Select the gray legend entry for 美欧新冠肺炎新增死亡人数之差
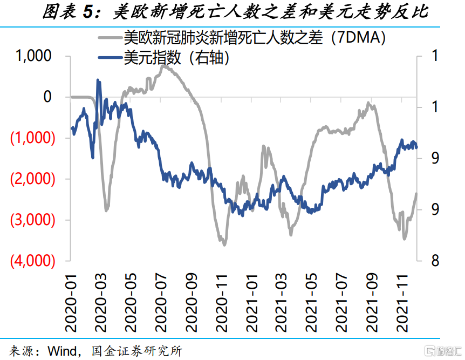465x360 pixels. point(254,37)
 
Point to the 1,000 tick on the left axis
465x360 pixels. point(33,56)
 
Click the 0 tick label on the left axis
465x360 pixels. point(47,97)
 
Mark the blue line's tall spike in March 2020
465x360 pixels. point(98,80)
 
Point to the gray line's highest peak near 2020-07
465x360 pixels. point(162,66)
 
